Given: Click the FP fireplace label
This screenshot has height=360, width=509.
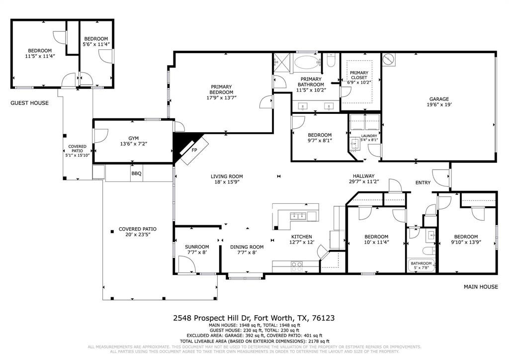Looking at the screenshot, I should coord(194,150).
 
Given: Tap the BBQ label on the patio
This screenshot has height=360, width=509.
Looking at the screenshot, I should coord(136,174).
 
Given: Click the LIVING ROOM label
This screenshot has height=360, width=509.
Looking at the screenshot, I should coord(227,176).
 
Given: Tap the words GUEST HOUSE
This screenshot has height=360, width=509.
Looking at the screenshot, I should coord(30,103).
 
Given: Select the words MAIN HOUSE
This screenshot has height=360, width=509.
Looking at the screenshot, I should coord(481,287).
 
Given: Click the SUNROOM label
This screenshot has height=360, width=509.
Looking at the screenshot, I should coord(197,247).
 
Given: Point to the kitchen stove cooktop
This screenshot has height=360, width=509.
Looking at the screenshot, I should coord(297,265).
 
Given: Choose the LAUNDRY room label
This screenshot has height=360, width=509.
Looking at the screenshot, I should coord(369,136).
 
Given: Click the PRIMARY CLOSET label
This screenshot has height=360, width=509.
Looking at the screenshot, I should coord(359,75).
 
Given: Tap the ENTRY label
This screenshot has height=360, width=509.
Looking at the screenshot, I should coord(423,183).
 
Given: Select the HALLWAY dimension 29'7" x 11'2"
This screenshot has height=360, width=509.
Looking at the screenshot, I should coord(363,182).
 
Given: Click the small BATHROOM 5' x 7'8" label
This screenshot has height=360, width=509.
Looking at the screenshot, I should coord(421,264).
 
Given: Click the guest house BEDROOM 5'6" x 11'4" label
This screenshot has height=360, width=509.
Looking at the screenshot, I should coord(96,39).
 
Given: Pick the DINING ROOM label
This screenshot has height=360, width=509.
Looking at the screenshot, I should coord(247,247).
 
